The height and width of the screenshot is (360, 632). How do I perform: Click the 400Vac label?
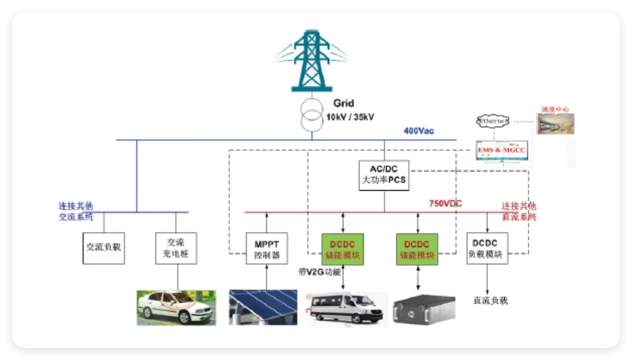[x=419, y=131]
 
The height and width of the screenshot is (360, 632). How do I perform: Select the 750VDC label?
[x=445, y=203]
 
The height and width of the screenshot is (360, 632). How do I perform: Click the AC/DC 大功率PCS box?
[x=384, y=176]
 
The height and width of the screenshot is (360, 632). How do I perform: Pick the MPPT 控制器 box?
[x=266, y=249]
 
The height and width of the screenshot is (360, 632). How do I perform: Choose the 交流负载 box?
[x=104, y=248]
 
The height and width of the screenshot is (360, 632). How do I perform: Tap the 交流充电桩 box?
[x=176, y=249]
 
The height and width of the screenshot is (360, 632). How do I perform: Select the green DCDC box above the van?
[x=343, y=249]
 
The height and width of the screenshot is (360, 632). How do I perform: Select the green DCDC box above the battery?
[x=417, y=249]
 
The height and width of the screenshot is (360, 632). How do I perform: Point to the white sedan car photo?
[x=176, y=308]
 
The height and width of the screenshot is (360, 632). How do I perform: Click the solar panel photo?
[x=263, y=308]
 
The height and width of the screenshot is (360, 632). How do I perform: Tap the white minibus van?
[x=346, y=309]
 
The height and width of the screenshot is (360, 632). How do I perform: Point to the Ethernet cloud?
[x=493, y=122]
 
